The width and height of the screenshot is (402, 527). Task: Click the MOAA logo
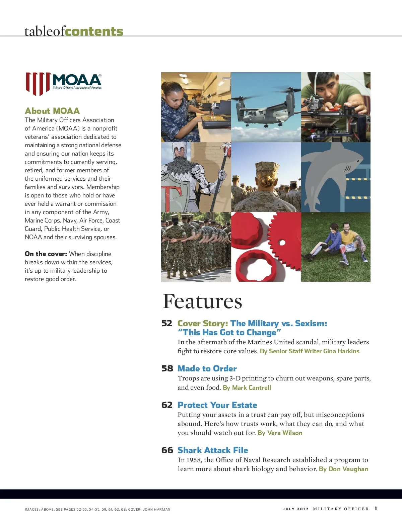click(x=64, y=84)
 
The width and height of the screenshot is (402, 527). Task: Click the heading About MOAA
click(x=52, y=111)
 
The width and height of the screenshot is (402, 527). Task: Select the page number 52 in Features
click(x=167, y=323)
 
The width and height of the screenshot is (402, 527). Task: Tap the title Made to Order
click(x=207, y=368)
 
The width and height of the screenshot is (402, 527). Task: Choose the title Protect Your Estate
click(x=217, y=405)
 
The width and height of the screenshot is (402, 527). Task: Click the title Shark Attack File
click(x=213, y=450)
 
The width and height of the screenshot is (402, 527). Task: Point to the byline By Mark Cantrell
click(x=247, y=387)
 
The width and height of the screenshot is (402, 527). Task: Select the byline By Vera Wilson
click(x=280, y=433)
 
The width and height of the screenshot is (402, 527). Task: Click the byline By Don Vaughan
click(x=343, y=469)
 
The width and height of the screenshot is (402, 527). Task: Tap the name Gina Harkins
click(x=341, y=351)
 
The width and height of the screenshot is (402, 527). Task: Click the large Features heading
click(x=202, y=301)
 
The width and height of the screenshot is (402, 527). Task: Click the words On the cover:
click(x=46, y=254)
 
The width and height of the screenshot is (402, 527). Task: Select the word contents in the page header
click(x=94, y=31)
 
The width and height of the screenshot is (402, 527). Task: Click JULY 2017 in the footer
click(x=295, y=509)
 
